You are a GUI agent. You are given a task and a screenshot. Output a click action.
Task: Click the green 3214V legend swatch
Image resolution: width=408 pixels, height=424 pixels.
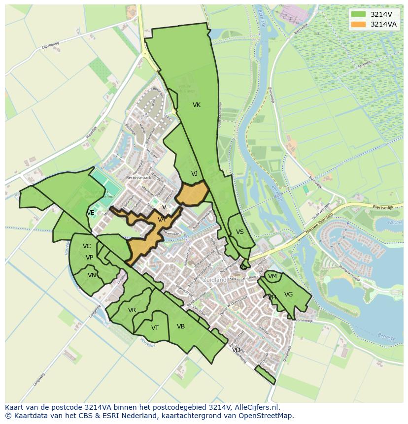[359, 14]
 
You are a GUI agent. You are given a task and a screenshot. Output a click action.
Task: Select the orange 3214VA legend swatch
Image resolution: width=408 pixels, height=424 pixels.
[359, 24]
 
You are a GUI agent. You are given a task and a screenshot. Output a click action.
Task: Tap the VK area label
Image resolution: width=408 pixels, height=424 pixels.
[197, 105]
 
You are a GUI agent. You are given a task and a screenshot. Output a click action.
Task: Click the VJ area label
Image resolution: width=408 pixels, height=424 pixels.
[194, 174]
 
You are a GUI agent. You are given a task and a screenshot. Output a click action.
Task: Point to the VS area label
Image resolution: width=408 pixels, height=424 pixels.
[240, 232]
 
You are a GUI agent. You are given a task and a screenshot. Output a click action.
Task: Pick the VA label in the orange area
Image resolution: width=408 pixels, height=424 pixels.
[162, 220]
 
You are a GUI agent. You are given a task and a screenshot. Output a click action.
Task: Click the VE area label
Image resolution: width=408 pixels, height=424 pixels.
[90, 213]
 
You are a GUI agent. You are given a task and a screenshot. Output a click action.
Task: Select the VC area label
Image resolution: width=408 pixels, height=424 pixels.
[87, 246]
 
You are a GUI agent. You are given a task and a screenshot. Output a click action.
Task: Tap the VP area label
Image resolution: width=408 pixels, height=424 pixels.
[89, 258]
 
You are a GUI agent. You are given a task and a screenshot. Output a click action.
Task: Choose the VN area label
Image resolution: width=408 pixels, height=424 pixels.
[92, 275]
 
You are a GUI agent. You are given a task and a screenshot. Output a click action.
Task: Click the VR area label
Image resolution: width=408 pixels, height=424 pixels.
[132, 310]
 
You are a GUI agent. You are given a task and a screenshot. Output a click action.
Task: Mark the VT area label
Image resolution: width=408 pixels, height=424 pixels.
[155, 328]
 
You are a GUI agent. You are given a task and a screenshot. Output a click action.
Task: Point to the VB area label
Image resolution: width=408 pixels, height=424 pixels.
[181, 326]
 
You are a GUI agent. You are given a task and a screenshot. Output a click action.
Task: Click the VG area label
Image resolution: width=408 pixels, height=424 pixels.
[288, 294]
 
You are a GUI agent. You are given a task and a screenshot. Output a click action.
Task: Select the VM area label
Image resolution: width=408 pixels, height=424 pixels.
[272, 276]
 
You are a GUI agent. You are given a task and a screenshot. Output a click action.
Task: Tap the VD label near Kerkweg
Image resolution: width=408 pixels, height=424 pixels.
[237, 350]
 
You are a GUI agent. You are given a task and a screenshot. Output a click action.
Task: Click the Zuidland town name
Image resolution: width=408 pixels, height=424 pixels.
[215, 280]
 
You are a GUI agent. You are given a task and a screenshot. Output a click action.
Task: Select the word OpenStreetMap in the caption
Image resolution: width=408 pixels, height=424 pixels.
[268, 416]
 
